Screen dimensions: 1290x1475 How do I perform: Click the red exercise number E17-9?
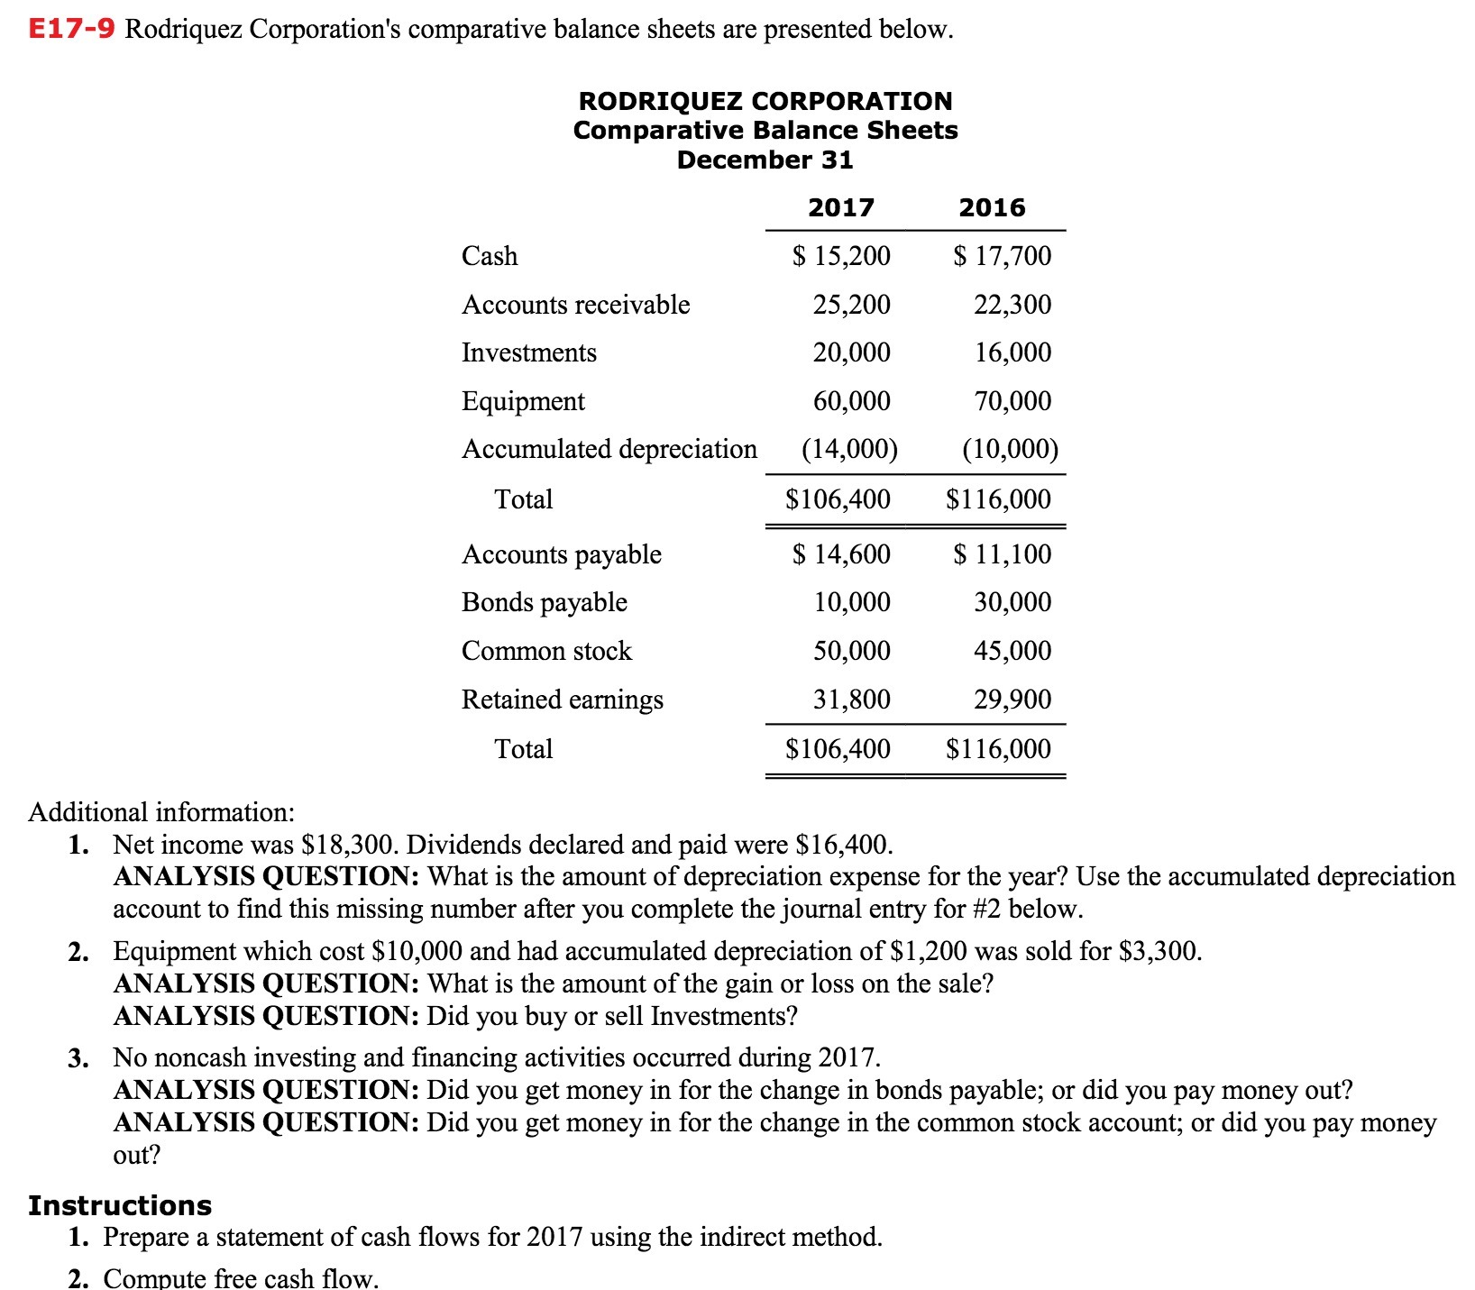coord(71,29)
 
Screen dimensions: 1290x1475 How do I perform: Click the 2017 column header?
coord(840,208)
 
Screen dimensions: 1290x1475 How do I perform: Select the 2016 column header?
coord(992,208)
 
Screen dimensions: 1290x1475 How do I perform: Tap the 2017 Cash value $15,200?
coord(841,256)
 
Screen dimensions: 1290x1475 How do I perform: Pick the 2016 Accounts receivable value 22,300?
coord(1012,305)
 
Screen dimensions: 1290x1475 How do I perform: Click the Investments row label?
coord(529,352)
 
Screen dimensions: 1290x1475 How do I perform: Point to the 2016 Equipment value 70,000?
coord(1012,401)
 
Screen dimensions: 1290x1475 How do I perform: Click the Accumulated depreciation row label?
coord(609,449)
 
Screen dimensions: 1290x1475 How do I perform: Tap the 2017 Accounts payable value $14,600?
coord(841,554)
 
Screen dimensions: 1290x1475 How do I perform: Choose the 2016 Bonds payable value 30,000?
coord(1012,602)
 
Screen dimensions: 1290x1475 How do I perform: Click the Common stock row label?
coord(546,651)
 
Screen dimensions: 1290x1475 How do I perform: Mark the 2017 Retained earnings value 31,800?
coord(851,700)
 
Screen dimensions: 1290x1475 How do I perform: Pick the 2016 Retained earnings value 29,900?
coord(1012,700)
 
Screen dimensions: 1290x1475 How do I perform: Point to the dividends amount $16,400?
coord(844,845)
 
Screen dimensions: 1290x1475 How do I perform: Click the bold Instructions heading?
coord(120,1205)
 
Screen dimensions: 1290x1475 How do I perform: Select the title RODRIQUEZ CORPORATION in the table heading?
coord(765,101)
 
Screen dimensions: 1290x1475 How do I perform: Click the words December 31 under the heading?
coord(765,160)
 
